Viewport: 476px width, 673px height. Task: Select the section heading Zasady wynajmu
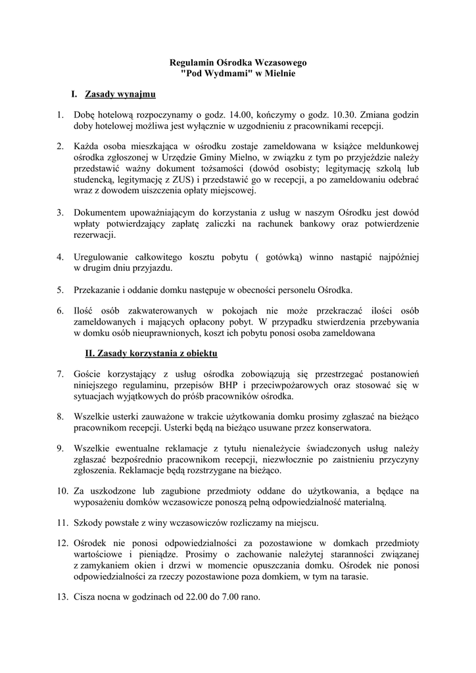pyautogui.click(x=120, y=95)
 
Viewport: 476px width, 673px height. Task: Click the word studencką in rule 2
pyautogui.click(x=93, y=179)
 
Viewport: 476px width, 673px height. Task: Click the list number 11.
pyautogui.click(x=63, y=523)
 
